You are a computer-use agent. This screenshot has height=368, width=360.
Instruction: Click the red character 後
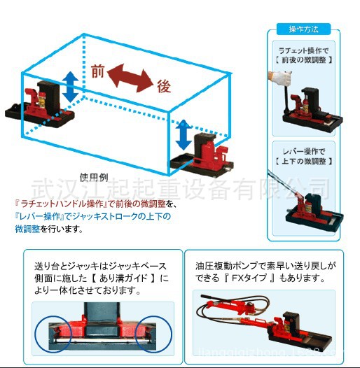click(164, 86)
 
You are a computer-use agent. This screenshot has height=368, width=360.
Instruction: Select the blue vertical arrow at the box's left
click(70, 85)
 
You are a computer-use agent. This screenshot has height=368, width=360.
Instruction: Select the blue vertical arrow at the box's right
click(183, 132)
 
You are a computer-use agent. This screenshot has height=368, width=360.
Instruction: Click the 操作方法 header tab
click(303, 29)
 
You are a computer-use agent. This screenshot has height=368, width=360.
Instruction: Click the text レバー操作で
click(303, 151)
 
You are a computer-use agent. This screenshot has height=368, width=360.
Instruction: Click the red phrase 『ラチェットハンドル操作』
click(56, 204)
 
